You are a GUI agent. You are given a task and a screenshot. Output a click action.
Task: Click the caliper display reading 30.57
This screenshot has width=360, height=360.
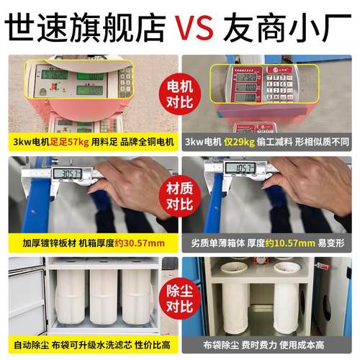67,174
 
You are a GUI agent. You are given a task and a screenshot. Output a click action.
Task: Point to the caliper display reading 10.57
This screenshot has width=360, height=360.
240,168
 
